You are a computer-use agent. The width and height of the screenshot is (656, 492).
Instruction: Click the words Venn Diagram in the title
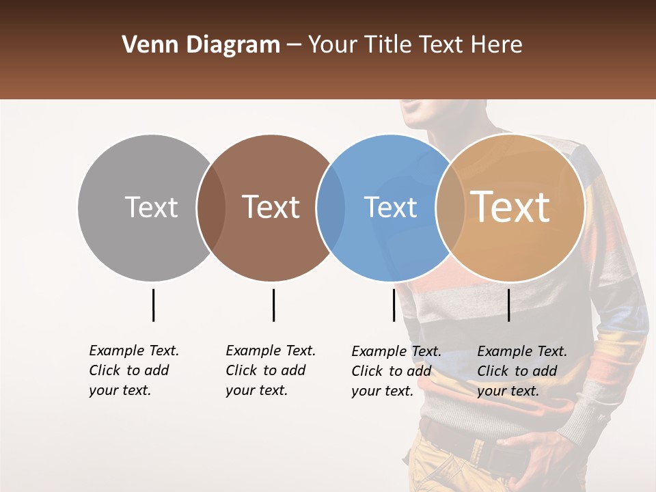pos(201,45)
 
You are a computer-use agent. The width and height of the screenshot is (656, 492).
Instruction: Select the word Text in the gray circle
pos(151,207)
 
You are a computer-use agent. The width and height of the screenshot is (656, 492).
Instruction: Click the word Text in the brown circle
pos(271,207)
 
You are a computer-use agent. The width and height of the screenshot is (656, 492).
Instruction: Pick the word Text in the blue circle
pos(390,207)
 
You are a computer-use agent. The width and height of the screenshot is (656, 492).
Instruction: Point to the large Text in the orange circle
pos(510,206)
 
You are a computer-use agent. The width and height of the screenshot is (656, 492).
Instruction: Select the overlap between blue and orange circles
pos(447,208)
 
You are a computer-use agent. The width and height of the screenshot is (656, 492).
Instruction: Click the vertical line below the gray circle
pos(153,305)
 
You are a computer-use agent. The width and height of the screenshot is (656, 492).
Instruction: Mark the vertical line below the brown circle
pos(273,305)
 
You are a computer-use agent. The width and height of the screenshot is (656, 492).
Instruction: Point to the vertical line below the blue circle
pos(394,305)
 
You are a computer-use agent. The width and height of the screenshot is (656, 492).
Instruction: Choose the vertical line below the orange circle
pos(508,305)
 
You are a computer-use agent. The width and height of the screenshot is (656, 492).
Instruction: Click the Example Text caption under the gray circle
pos(134,370)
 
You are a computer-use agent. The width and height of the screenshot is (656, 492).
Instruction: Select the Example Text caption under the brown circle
pos(271,370)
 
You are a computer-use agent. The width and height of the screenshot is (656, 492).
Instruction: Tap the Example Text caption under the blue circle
pos(396,371)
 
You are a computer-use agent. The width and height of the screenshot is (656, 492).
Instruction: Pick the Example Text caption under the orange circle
pos(522,371)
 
